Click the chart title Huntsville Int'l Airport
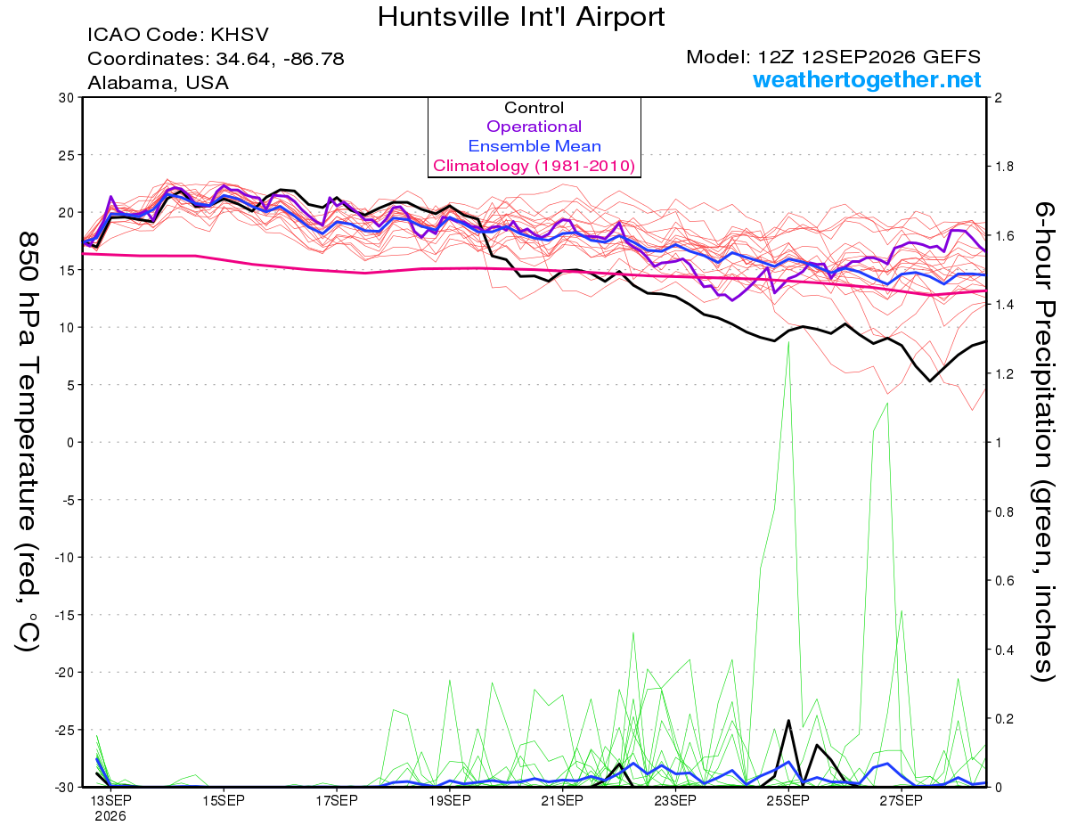coord(521,17)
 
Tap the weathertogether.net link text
coord(867,79)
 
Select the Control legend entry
coord(534,108)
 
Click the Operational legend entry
coord(534,127)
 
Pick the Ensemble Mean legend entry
coord(534,146)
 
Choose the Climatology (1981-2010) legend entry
coord(534,166)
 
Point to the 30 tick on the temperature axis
coord(67,98)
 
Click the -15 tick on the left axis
coord(64,615)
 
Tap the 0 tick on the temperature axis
coord(70,443)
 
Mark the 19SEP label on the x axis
coord(449,800)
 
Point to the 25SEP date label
coord(788,800)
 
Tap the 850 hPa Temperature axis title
coord(28,441)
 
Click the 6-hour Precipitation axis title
coord(1043,441)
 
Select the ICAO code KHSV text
coord(178,35)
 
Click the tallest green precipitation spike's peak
coord(788,342)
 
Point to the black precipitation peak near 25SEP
coord(788,721)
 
